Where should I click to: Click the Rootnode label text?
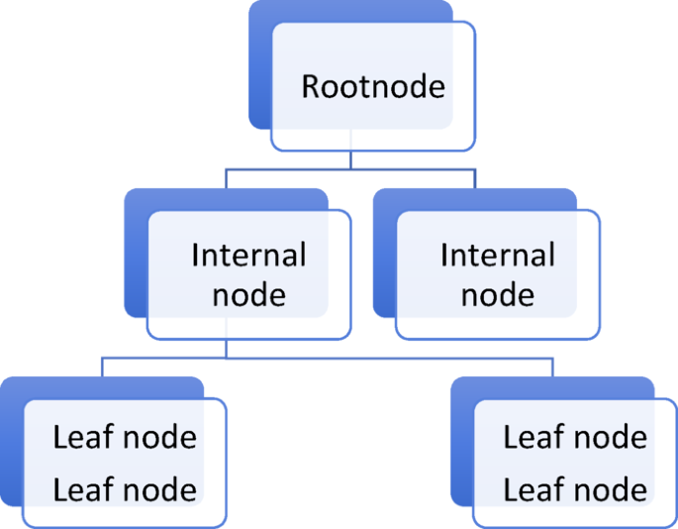coord(373,86)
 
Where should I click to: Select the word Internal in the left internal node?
coord(248,256)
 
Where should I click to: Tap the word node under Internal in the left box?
coord(248,294)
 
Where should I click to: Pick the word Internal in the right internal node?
coord(497,256)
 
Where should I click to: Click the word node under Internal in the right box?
coord(497,294)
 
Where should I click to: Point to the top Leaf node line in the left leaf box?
coord(125,437)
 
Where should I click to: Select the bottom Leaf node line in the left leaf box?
coord(125,488)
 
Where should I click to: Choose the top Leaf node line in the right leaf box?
coord(575,437)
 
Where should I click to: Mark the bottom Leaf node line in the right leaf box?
coord(575,488)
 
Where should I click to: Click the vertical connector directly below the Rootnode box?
coord(349,160)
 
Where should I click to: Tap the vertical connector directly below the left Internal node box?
coord(227,349)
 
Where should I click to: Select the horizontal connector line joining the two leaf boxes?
coord(327,357)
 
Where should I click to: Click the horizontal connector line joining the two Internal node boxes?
coord(349,169)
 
